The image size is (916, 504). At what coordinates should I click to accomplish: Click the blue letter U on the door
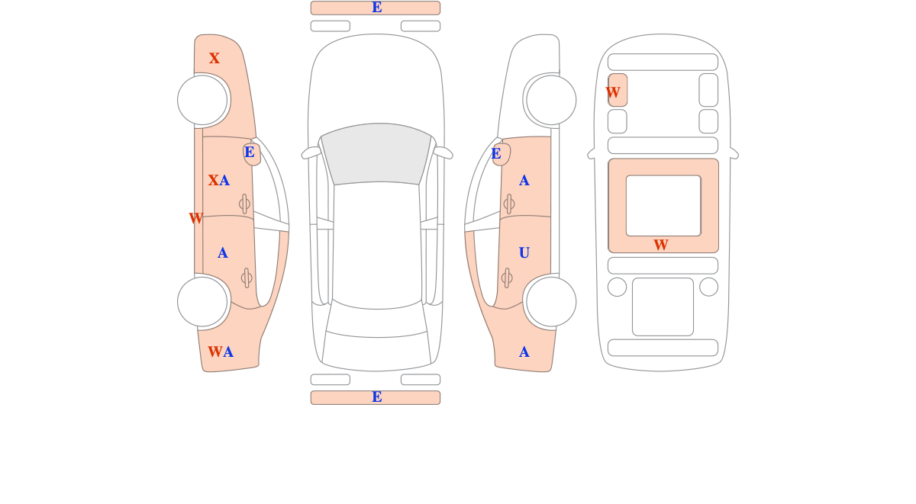point(524,253)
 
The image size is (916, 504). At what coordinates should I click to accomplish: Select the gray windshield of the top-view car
point(376,153)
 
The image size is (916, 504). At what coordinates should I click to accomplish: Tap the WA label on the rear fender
point(221,352)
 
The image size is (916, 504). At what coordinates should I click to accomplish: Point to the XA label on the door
point(219,180)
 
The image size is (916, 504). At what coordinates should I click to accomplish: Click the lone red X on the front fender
point(214,58)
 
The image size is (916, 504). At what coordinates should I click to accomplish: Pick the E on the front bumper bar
point(377,8)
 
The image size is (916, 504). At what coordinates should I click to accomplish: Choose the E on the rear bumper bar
point(377,396)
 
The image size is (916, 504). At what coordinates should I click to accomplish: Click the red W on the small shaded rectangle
point(613,92)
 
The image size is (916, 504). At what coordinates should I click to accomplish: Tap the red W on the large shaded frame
point(661,245)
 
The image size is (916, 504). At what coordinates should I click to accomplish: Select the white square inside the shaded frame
point(663,206)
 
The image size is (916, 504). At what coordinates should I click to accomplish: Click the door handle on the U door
point(507,278)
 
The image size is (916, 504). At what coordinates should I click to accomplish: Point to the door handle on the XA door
point(244,204)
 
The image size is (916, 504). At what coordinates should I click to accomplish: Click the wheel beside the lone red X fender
point(202,100)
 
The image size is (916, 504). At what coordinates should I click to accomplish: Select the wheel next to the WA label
point(202,302)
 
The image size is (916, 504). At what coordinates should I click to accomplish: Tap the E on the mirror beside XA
point(250,152)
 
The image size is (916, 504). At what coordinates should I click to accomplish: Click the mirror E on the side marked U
point(496,153)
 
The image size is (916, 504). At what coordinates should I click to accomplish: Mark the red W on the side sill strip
point(196,218)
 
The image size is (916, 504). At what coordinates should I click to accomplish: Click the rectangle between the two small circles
point(663,307)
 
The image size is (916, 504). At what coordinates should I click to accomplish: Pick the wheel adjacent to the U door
point(551,302)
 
